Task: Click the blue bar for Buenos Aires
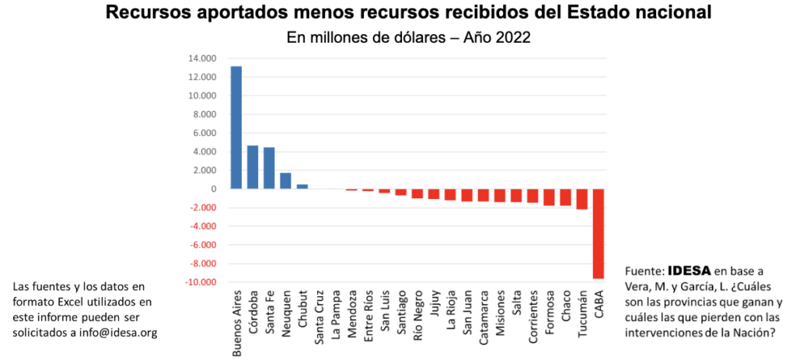[236, 128]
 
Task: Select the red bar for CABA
[598, 233]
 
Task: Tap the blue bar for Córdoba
[253, 167]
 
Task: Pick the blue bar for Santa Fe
[269, 168]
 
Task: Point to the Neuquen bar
[285, 180]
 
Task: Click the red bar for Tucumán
[581, 199]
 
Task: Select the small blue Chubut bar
[302, 187]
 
